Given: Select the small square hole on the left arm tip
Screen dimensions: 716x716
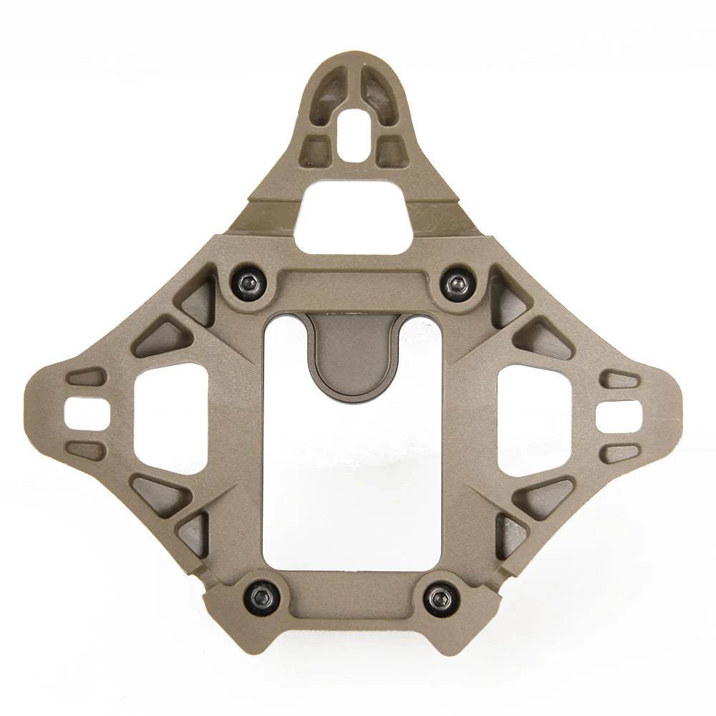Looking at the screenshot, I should (84, 413).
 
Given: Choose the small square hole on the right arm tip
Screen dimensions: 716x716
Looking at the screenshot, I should (617, 413).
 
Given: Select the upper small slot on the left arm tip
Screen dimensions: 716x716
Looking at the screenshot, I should (87, 377).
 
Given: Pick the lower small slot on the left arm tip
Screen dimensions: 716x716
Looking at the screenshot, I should (87, 450).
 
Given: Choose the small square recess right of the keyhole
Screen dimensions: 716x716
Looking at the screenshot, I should (389, 148).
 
